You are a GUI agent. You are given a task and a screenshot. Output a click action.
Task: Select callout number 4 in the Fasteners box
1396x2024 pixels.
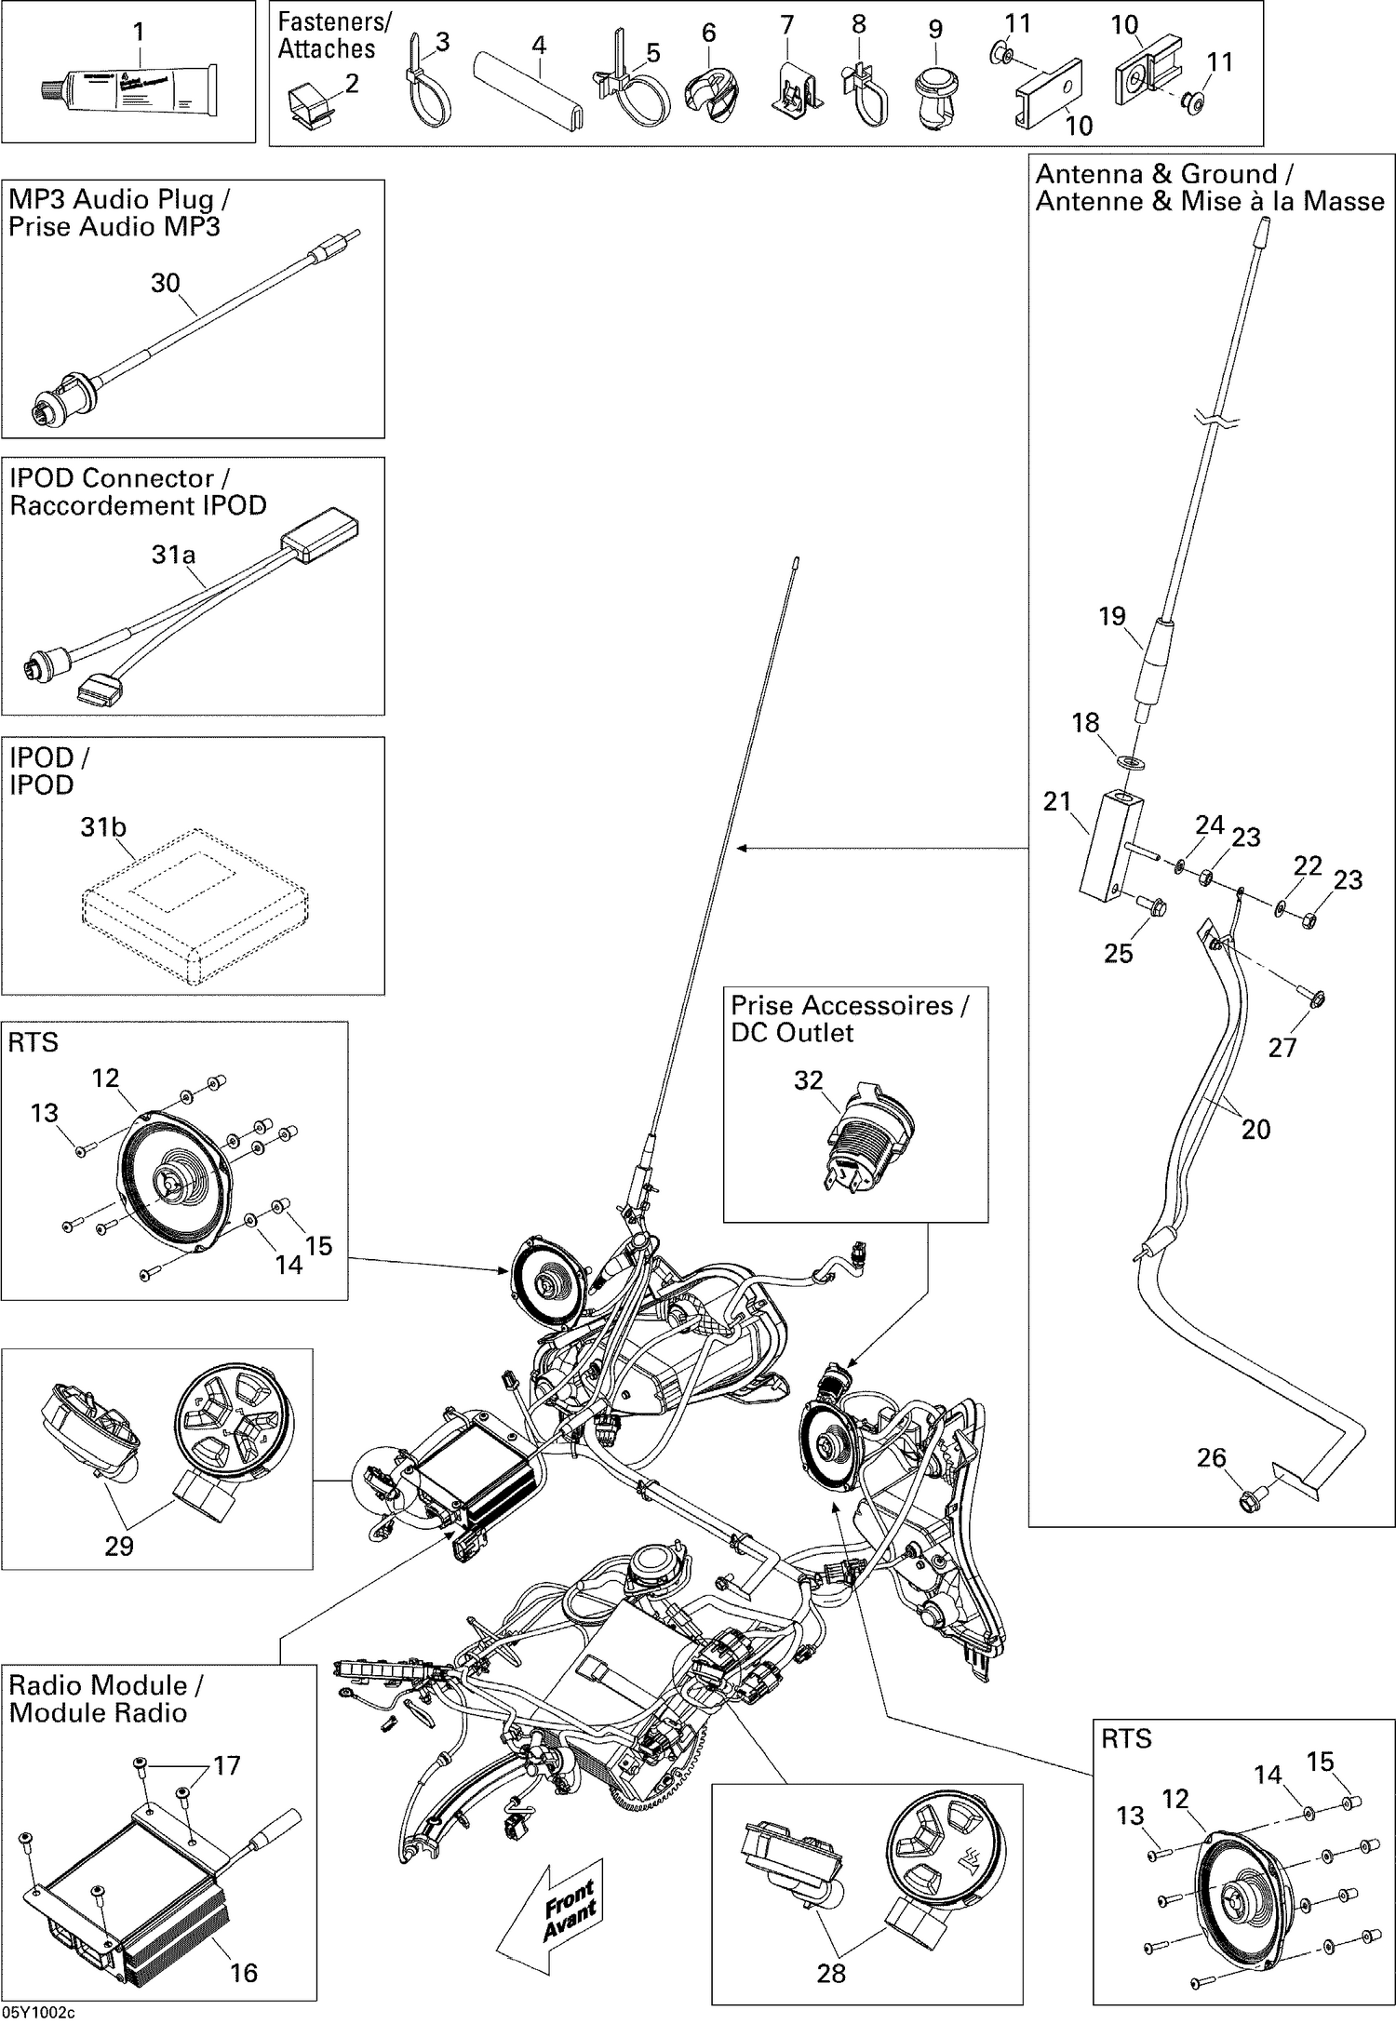click(538, 45)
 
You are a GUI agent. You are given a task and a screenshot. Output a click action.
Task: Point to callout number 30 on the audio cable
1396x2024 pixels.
click(165, 283)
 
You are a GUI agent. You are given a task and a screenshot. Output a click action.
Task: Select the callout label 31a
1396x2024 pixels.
click(173, 556)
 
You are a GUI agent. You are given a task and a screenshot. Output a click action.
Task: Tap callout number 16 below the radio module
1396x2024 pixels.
click(243, 1972)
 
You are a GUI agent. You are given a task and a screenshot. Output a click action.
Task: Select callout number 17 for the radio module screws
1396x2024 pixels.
click(227, 1765)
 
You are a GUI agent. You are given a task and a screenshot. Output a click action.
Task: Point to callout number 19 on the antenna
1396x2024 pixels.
click(1111, 616)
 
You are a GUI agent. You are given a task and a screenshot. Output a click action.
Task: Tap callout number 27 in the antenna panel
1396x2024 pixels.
click(1282, 1048)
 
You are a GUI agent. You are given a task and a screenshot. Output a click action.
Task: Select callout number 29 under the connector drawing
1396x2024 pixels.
click(118, 1546)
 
